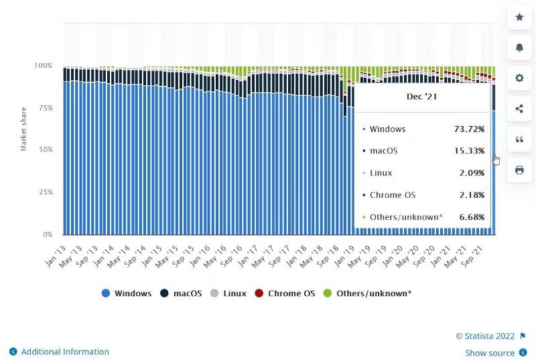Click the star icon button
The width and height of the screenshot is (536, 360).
tap(519, 16)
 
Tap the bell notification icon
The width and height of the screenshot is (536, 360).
tap(519, 47)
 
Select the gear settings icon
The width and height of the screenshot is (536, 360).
tap(519, 78)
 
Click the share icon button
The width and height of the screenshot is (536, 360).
tap(519, 109)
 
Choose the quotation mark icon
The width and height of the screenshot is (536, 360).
tap(519, 139)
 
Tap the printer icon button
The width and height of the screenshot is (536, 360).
tap(519, 170)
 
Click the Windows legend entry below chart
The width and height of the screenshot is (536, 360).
tap(127, 294)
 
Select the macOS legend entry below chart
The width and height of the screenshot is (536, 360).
tap(182, 294)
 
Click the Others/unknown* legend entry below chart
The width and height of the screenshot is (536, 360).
tap(368, 294)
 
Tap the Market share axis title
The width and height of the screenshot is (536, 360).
tap(23, 126)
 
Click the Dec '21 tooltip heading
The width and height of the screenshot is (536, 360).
tap(422, 97)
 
